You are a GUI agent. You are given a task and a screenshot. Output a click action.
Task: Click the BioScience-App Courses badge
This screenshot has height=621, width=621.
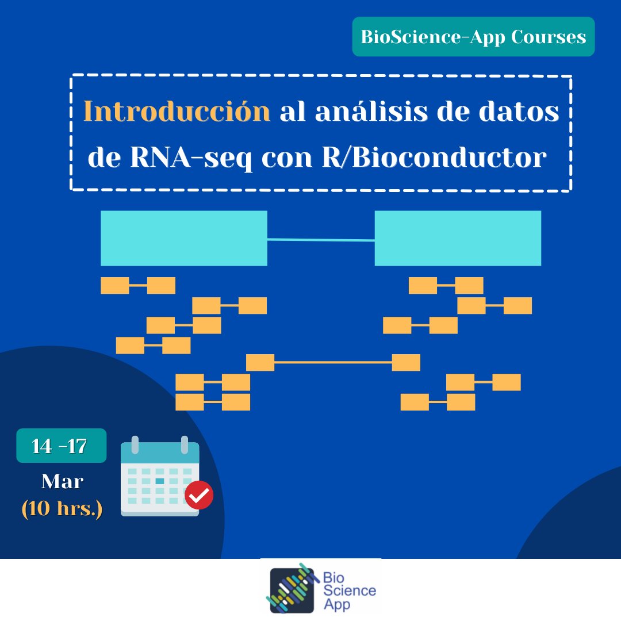pos(473,37)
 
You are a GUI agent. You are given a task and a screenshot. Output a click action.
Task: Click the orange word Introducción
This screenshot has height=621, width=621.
pos(177,112)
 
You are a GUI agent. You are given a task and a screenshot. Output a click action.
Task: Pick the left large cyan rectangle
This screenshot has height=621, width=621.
pos(183,238)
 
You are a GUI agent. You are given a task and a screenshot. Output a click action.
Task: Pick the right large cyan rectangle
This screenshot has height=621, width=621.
pos(458,238)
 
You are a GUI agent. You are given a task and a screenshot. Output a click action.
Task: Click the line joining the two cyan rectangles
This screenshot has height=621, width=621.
pos(321,240)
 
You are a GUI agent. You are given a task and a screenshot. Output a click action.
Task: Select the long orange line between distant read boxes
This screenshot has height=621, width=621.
pos(333,362)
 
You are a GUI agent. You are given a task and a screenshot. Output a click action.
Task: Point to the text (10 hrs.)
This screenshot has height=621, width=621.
pos(62,509)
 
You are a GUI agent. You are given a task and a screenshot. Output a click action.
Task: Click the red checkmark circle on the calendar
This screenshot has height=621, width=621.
pos(200,495)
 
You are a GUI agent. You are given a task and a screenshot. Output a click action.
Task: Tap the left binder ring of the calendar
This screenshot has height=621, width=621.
pos(135,444)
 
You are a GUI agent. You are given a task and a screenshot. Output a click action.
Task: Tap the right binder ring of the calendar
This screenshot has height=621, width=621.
pos(185,444)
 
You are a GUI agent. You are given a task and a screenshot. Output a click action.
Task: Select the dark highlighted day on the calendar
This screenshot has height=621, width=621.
pos(160,481)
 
